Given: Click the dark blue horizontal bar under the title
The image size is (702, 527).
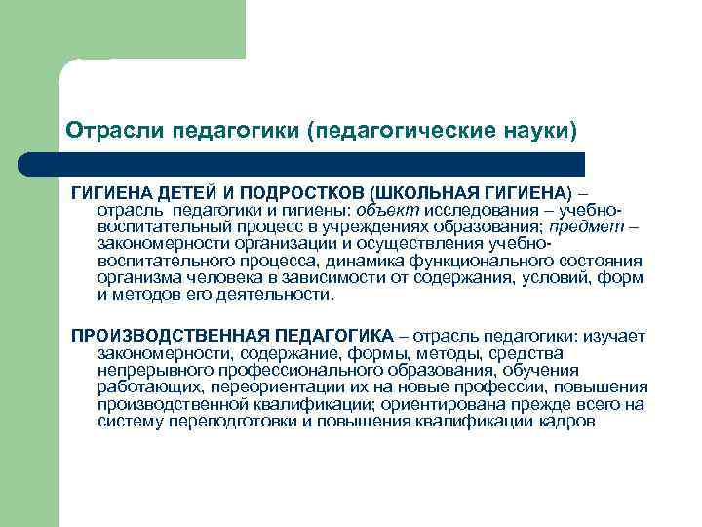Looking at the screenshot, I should tap(322, 164).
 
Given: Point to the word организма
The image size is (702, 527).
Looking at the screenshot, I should tap(137, 277).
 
